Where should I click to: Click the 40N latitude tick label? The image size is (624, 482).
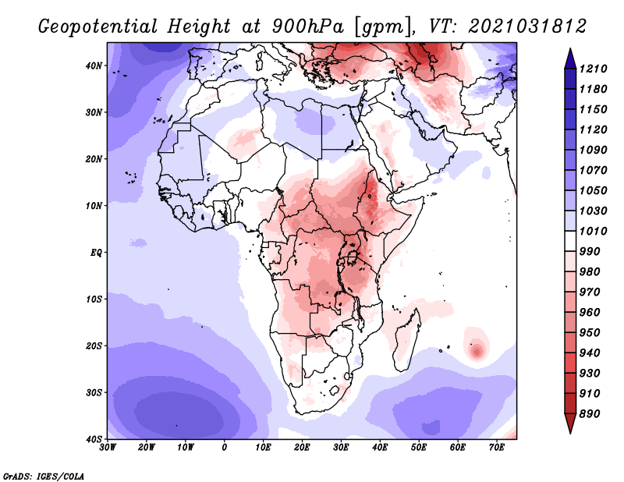[94, 66]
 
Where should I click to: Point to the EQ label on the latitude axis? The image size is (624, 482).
[95, 252]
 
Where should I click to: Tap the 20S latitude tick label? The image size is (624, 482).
[94, 346]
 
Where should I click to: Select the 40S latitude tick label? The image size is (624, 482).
[94, 438]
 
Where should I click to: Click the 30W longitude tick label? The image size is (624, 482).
[108, 448]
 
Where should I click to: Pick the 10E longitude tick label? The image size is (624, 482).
[264, 448]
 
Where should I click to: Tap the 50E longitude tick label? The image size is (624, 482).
[419, 448]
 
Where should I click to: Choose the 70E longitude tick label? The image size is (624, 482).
[497, 448]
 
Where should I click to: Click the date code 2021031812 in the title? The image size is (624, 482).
[527, 27]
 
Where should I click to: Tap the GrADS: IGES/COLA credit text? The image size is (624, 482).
[44, 475]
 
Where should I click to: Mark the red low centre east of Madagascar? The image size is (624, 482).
[477, 350]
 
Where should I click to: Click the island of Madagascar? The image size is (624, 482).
[408, 343]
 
